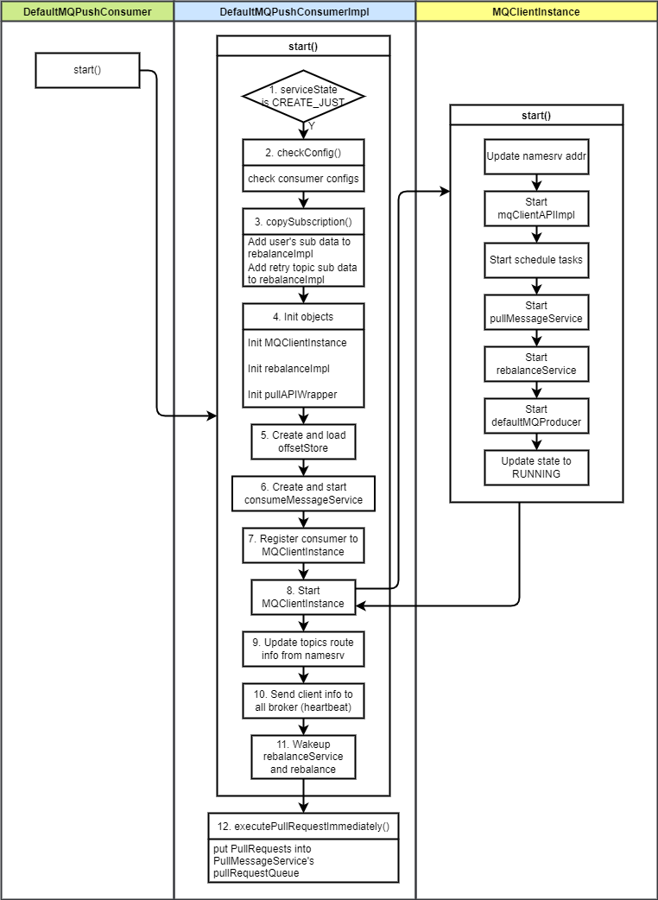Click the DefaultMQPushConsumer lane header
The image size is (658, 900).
point(87,11)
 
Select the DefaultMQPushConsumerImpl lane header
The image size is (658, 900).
point(294,11)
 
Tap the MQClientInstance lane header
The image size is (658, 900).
point(536,11)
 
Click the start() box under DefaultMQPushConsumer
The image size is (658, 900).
point(87,70)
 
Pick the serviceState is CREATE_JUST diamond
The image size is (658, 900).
point(303,96)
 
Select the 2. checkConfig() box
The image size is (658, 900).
point(303,153)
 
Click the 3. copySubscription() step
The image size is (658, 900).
point(303,222)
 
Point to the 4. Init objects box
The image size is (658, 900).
point(303,317)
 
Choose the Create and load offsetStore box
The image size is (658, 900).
point(303,441)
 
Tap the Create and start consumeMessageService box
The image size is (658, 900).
point(303,493)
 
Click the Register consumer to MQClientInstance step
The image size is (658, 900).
point(303,545)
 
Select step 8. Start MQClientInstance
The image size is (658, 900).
point(303,597)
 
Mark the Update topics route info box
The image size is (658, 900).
point(303,649)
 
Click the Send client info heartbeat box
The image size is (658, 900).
point(303,700)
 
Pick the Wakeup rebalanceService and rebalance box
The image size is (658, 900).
point(303,757)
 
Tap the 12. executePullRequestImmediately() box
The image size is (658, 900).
point(303,827)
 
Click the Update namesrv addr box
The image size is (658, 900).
point(536,156)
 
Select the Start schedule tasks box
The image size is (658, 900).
point(536,260)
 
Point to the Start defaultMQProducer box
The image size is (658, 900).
point(536,415)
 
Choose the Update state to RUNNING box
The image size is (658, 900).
point(536,467)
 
